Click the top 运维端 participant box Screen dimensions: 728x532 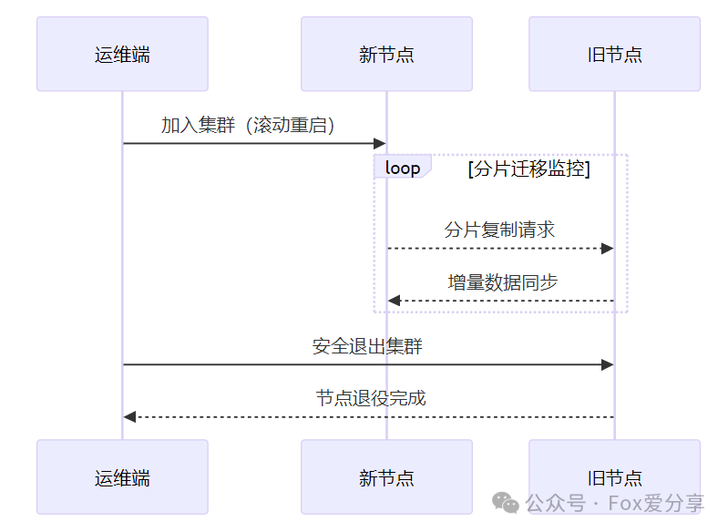(123, 54)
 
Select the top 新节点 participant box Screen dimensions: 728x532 (386, 54)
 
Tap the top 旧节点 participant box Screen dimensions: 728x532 (615, 54)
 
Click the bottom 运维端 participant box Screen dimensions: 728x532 (123, 476)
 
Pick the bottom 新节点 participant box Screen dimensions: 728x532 (386, 476)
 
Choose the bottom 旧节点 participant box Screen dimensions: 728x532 (615, 476)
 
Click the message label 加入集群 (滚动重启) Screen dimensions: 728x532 (248, 126)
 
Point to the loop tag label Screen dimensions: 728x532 (403, 168)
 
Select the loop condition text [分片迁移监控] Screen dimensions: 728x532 (528, 169)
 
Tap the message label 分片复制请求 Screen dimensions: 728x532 (499, 230)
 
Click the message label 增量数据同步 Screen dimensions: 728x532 (503, 282)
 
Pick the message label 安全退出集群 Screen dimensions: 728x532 (367, 346)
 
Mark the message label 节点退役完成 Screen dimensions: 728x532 (371, 398)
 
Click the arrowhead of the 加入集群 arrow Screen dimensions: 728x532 (380, 143)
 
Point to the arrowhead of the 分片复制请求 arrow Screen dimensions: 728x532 (608, 249)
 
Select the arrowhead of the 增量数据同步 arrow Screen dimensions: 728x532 (395, 301)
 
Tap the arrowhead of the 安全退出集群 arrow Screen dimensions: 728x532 (608, 365)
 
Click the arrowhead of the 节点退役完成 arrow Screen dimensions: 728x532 (129, 417)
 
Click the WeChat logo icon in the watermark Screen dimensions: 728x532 (505, 503)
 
